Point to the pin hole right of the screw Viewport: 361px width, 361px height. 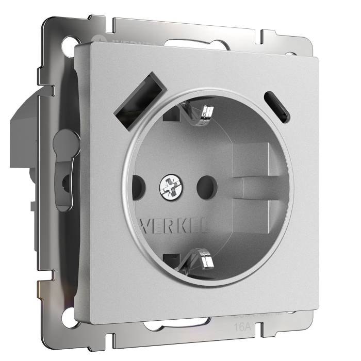pyautogui.click(x=206, y=183)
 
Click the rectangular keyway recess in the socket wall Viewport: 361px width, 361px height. pyautogui.click(x=253, y=170)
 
